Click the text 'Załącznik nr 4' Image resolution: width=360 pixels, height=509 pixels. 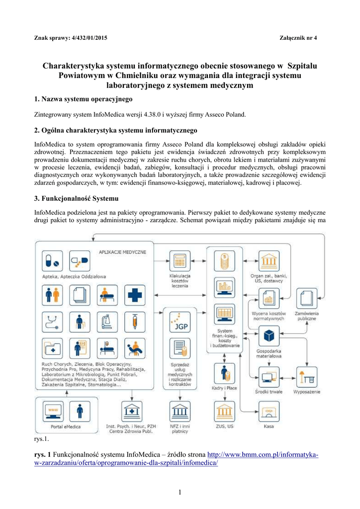302,38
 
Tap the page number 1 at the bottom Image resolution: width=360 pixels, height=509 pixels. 180,492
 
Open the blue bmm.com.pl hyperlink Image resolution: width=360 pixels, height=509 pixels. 263,454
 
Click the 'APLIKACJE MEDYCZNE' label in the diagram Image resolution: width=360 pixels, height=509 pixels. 123,252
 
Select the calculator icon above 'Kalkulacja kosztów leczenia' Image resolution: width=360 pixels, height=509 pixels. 180,261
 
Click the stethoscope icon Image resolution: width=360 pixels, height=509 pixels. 52,321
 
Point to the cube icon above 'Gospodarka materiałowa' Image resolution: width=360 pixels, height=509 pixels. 269,336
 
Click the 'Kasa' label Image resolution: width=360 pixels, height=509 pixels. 269,426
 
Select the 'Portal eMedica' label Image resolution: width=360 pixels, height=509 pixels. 66,426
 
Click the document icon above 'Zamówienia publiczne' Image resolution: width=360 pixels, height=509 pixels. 307,298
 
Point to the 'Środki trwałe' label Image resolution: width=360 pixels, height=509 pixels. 269,391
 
